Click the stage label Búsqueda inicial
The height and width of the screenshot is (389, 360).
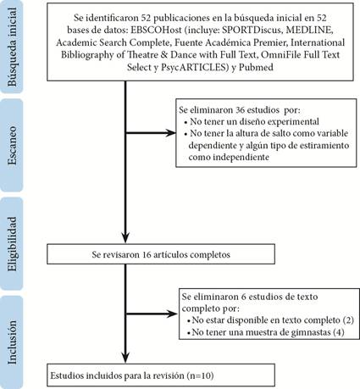click(x=12, y=47)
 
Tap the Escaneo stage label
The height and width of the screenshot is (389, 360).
click(x=12, y=146)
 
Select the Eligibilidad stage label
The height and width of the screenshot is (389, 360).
click(x=12, y=244)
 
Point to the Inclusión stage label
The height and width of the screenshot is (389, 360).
click(x=12, y=342)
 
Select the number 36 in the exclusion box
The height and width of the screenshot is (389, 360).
click(x=240, y=110)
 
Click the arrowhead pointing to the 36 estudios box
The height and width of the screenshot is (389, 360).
click(x=171, y=133)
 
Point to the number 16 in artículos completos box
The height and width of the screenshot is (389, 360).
click(x=147, y=254)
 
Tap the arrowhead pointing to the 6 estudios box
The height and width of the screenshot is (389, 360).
click(x=172, y=314)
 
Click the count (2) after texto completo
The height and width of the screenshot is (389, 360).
click(x=348, y=320)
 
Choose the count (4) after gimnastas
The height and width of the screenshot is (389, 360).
click(x=339, y=332)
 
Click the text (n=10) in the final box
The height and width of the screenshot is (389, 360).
click(x=200, y=375)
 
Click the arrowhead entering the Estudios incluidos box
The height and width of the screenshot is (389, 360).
click(x=125, y=358)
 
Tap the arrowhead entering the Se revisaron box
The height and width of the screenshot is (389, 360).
click(x=125, y=238)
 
